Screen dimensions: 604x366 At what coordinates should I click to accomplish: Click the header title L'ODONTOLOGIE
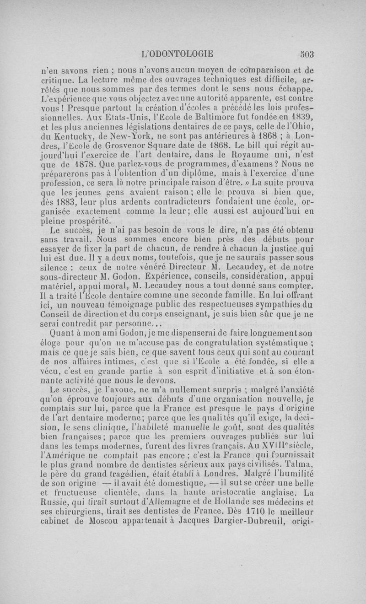click(178, 54)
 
